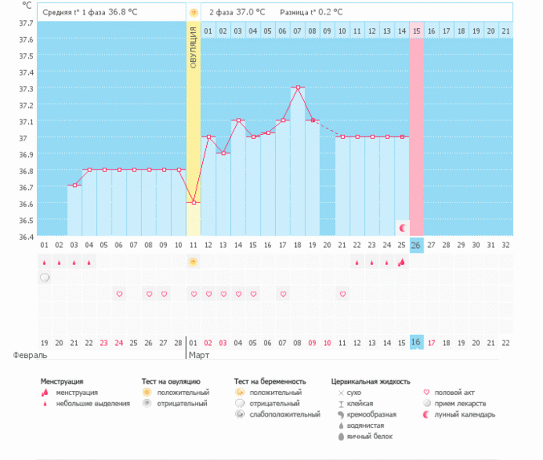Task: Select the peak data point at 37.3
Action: tap(298, 88)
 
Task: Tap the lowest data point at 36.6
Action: tap(193, 203)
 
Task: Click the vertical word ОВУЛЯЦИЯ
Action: tap(193, 47)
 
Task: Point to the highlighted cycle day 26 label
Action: tap(416, 245)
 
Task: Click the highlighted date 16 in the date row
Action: tap(416, 343)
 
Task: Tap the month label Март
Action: tap(199, 354)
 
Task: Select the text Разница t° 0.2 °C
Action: tap(311, 13)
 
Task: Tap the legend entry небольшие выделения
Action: tap(92, 403)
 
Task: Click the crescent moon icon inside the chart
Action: tap(403, 227)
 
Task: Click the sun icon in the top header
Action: tap(193, 13)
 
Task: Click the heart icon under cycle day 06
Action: tap(119, 295)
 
